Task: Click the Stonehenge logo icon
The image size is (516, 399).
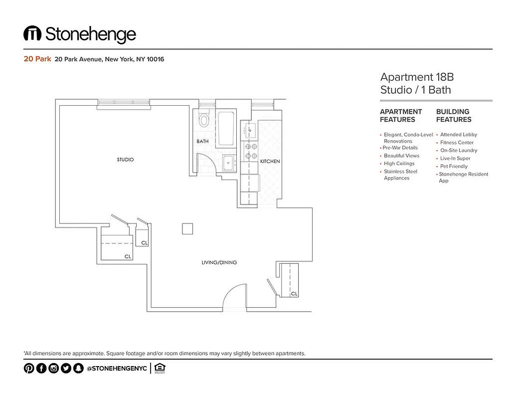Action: (32, 34)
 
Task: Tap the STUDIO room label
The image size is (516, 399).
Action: (125, 160)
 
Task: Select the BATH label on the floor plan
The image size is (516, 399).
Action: (202, 142)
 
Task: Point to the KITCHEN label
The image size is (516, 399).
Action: (270, 162)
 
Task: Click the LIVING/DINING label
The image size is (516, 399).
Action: (219, 262)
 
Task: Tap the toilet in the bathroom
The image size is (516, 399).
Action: (203, 120)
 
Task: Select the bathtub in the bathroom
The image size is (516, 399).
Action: (226, 129)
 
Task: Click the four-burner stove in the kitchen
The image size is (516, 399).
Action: (250, 151)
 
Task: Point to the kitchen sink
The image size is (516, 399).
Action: (249, 131)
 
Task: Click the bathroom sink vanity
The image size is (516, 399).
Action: (229, 163)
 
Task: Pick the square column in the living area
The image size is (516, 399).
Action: (187, 228)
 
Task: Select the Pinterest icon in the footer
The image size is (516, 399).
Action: (29, 369)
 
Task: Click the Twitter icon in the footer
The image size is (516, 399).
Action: (65, 369)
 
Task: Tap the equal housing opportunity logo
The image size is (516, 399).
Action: (160, 369)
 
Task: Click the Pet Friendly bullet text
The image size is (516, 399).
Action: (454, 166)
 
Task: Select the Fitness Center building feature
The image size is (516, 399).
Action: (457, 143)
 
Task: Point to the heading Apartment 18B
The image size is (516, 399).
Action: (417, 77)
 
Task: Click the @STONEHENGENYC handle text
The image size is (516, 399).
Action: (117, 369)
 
